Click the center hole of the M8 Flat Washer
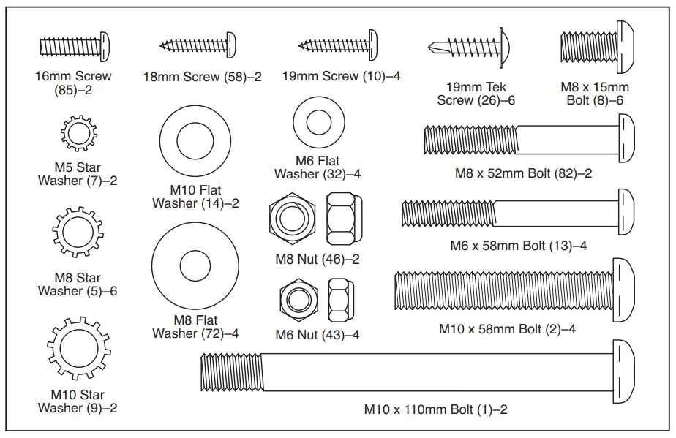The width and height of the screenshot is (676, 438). point(195,263)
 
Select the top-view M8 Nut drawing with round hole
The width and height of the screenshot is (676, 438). point(289,218)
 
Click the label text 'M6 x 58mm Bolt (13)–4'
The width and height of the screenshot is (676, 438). point(518,246)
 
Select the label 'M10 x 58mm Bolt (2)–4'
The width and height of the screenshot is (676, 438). point(507,329)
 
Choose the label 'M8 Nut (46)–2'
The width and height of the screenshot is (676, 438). point(318,259)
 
